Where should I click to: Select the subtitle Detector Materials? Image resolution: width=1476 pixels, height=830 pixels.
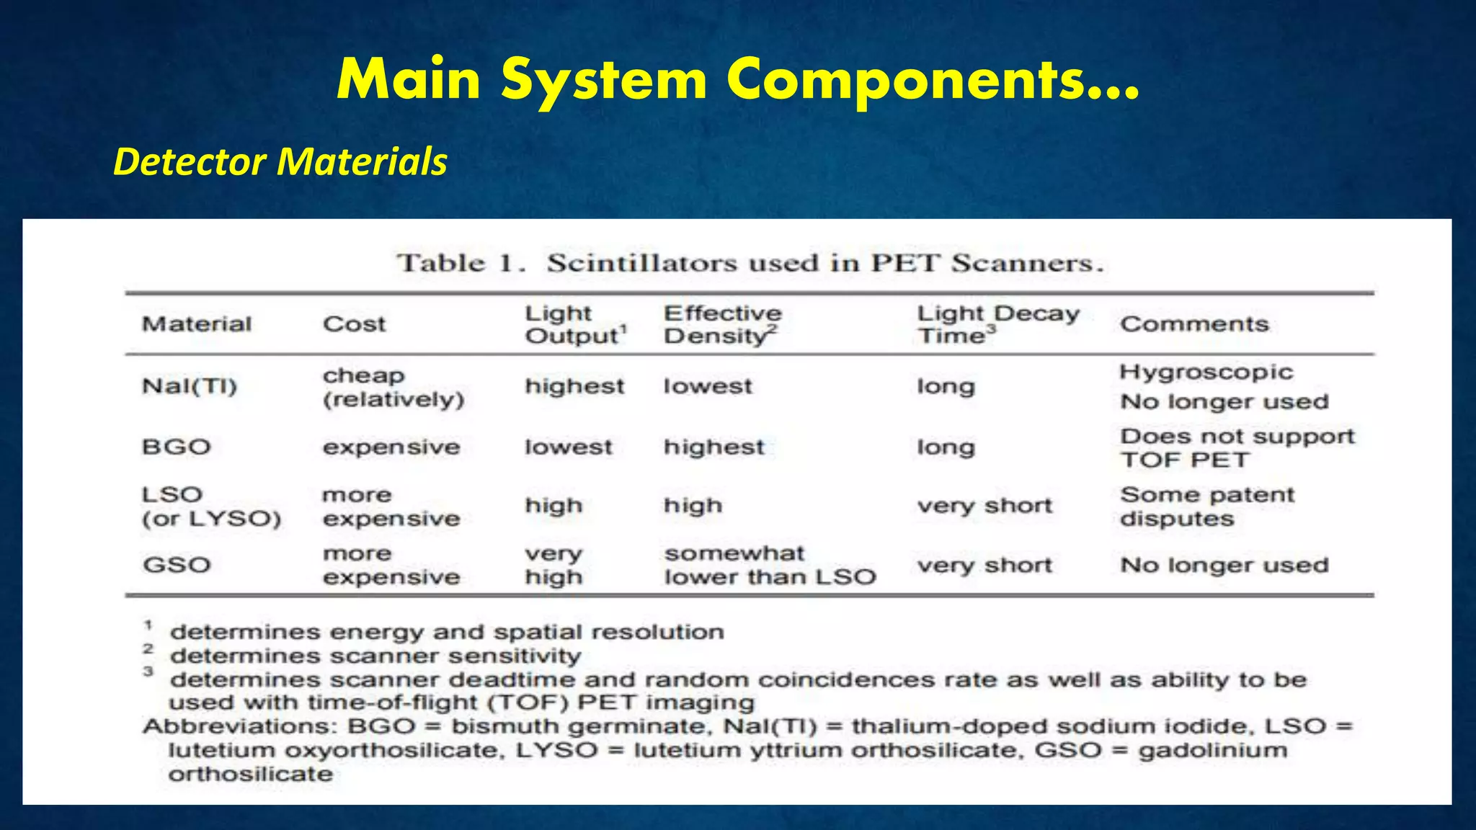tap(280, 161)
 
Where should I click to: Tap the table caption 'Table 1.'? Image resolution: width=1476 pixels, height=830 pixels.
tap(461, 263)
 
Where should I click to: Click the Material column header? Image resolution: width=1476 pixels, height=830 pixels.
tap(197, 324)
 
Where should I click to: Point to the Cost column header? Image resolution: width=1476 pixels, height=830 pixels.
tap(354, 324)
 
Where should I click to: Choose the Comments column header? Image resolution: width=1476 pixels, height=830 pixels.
tap(1194, 324)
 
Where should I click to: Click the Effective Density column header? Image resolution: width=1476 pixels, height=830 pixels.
tap(722, 324)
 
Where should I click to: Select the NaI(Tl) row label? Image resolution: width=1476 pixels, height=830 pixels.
tap(190, 386)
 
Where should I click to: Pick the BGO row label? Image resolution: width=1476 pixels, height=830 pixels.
tap(177, 447)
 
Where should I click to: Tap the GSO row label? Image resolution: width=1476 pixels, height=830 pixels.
tap(177, 565)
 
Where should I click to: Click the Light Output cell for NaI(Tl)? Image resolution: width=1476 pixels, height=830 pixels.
tap(574, 386)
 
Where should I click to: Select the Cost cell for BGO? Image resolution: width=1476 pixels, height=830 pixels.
tap(391, 447)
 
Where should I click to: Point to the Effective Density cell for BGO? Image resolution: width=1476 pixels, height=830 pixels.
tap(713, 447)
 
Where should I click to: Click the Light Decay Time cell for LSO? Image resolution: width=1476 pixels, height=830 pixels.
tap(984, 506)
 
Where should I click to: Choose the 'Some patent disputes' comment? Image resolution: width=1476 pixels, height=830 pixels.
tap(1207, 507)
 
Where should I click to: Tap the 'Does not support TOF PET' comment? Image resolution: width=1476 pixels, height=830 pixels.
tap(1237, 447)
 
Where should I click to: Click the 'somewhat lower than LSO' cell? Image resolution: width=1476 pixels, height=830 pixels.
tap(770, 565)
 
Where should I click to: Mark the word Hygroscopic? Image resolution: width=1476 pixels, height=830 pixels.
tap(1206, 372)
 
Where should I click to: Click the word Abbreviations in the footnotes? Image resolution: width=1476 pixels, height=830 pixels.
tap(239, 726)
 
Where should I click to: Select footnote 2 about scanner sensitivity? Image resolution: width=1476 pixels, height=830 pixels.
tap(375, 656)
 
